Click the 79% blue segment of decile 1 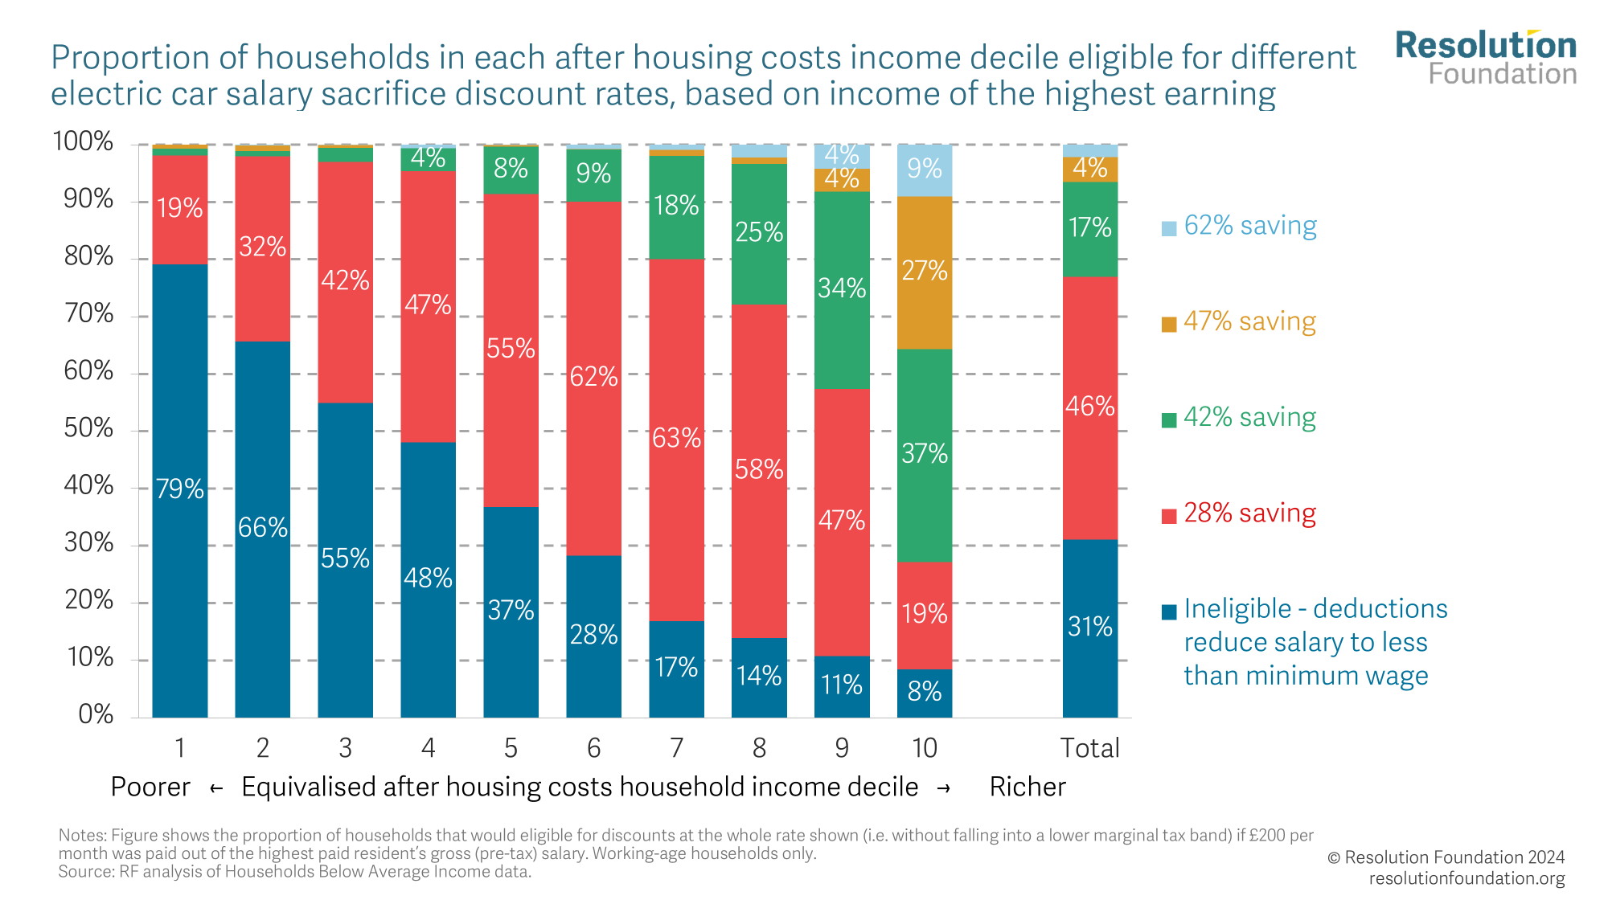tap(179, 490)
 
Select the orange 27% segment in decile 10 tap(925, 272)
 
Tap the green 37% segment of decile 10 tap(925, 455)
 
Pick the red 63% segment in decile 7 tap(676, 440)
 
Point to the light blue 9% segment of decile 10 tap(925, 170)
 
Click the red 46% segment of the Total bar tap(1089, 407)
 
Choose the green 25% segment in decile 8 tap(759, 234)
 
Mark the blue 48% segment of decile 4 tap(428, 579)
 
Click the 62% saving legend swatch tap(1169, 228)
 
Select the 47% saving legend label tap(1249, 322)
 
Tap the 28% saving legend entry tap(1249, 513)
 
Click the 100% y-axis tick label tap(83, 142)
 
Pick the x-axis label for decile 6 tap(593, 749)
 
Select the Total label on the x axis tap(1089, 749)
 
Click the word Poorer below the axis tap(150, 787)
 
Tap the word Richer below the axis tap(1028, 787)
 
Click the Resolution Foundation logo tap(1486, 58)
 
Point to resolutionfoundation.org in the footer tap(1466, 878)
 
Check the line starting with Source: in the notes tap(294, 872)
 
